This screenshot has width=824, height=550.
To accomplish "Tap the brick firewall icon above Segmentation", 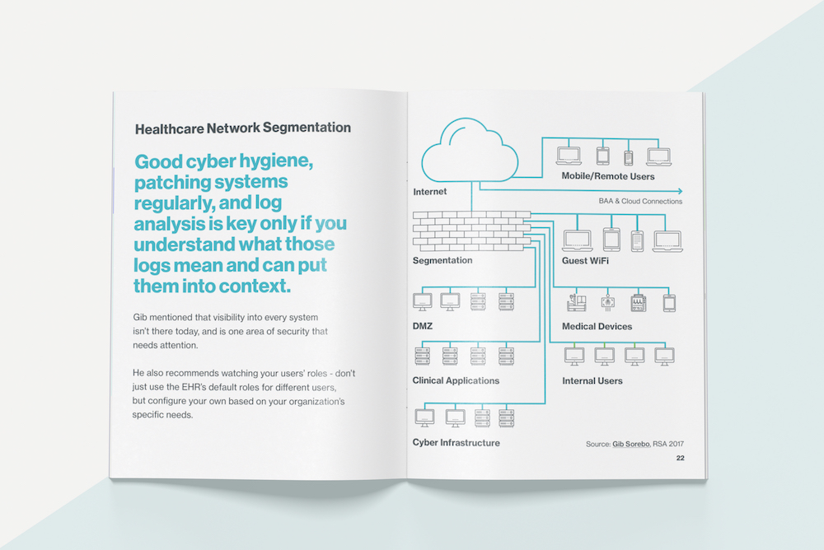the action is coord(472,231).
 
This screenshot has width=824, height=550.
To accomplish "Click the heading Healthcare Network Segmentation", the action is coord(243,128).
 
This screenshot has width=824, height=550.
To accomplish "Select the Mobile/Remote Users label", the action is coord(608,176).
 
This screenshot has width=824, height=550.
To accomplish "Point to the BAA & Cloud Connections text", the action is coord(640,201).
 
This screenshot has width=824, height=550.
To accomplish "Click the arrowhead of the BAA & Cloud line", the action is coord(680,191).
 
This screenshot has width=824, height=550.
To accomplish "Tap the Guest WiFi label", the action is coord(585,260).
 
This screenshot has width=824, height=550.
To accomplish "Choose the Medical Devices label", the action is coord(597,326).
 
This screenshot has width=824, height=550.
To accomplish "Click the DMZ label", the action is coord(423,326).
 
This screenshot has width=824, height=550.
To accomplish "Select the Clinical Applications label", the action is coord(456,381).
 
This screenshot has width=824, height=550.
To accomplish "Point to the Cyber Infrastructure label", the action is coord(456,443).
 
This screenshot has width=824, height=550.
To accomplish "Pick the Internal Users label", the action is coord(592,381).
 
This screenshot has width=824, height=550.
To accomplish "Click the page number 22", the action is coord(680,458).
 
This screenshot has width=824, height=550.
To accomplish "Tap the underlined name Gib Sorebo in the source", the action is coord(631,444).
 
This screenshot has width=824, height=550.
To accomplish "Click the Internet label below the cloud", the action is coord(430,192).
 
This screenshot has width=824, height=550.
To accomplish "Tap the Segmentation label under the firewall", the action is coord(442,260).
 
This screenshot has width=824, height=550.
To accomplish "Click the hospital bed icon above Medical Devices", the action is coord(577,302).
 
